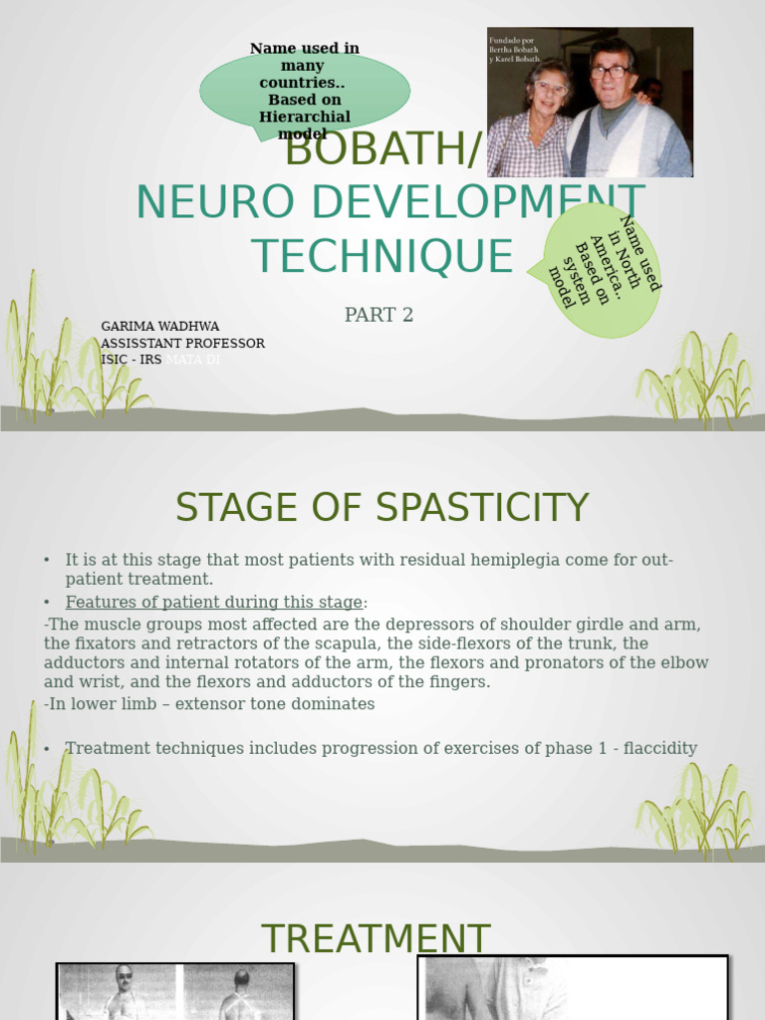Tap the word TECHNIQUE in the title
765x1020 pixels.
coord(382,257)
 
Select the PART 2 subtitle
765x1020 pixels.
coord(379,316)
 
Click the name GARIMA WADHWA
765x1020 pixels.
coord(159,327)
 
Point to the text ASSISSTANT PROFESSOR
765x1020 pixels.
coord(182,344)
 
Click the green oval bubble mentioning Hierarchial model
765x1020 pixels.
coord(305,91)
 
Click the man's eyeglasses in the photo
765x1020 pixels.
coord(609,72)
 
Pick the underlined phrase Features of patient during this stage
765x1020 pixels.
coord(214,603)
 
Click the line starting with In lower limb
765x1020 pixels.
coord(209,704)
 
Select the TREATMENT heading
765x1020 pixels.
coord(376,939)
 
